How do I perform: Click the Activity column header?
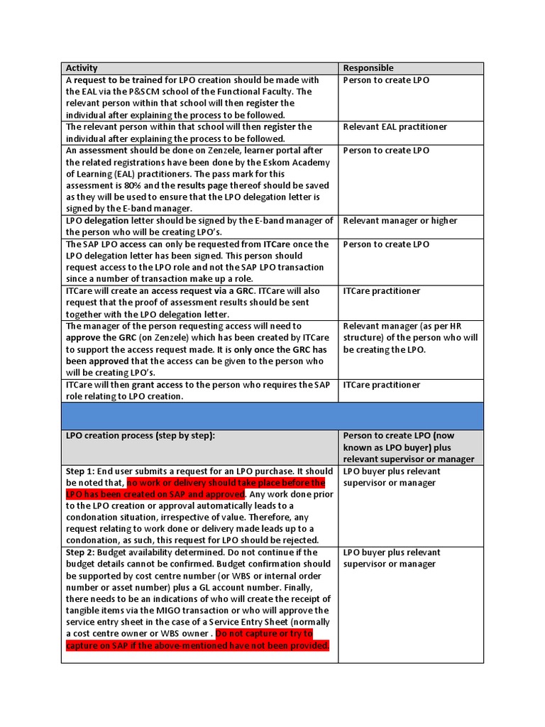(x=82, y=68)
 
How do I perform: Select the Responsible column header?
(x=368, y=68)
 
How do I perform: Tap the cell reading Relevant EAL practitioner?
(x=396, y=127)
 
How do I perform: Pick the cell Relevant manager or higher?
(x=400, y=221)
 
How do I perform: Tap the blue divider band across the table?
(x=272, y=416)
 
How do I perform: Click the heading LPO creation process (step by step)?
(x=140, y=436)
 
